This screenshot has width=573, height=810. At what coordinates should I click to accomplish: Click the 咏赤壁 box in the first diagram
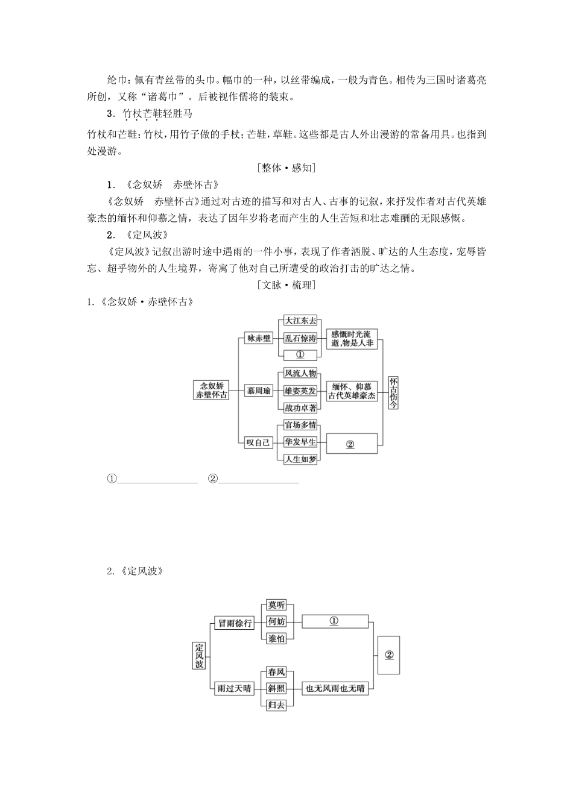(259, 338)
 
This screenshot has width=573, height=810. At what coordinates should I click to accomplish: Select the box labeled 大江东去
(300, 321)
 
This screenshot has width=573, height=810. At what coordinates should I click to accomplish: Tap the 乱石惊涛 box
(300, 338)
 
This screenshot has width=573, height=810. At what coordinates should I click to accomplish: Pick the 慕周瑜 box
(259, 391)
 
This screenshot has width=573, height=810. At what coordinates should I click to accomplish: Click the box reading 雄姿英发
(300, 391)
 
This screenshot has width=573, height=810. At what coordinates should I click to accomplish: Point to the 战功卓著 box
(300, 408)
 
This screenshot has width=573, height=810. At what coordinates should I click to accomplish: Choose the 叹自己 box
(259, 442)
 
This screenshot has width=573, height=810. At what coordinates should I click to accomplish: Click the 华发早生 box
(300, 442)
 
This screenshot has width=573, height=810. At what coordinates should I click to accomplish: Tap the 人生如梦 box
(300, 459)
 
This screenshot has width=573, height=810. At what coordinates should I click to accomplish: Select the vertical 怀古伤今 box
(393, 392)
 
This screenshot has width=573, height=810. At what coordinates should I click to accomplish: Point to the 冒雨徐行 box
(235, 623)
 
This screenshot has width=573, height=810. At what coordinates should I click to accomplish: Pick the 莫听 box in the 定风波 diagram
(276, 606)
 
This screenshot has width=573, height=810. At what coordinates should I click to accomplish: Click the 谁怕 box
(276, 639)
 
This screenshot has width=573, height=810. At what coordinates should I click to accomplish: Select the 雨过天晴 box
(235, 688)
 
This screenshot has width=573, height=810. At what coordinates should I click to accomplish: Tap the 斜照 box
(276, 688)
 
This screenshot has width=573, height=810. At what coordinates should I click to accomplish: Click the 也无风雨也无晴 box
(335, 688)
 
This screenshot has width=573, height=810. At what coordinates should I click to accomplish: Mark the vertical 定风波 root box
(200, 655)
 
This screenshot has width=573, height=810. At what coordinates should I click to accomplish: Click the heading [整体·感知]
(286, 168)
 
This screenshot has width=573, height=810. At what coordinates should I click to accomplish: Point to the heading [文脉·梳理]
(286, 285)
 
